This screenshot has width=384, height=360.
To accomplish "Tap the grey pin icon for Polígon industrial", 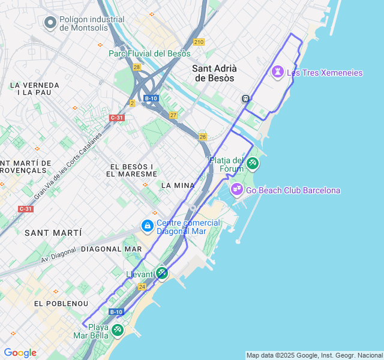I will (50, 23).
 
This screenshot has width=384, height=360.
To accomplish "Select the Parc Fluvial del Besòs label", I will (149, 53).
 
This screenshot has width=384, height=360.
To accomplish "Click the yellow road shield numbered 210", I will (199, 41).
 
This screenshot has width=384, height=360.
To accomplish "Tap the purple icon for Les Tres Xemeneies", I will (277, 73).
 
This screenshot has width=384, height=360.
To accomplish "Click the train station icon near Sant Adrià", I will (245, 98).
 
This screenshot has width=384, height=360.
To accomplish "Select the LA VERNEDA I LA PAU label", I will (35, 89).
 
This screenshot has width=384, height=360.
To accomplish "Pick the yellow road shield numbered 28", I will (137, 67).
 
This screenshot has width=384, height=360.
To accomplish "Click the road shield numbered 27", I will (173, 115).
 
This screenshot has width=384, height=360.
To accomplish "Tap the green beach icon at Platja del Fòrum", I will (253, 163).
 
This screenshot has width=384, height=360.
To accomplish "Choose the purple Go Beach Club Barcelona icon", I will (236, 190).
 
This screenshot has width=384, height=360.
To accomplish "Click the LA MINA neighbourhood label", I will (178, 185).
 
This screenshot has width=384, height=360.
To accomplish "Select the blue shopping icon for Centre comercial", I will (147, 226).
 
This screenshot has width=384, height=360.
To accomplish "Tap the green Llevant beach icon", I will (161, 273).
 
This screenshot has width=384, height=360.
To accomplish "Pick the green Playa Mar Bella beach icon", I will (117, 330).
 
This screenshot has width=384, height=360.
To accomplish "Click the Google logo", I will (20, 353).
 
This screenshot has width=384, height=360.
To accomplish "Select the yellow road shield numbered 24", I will (142, 287).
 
